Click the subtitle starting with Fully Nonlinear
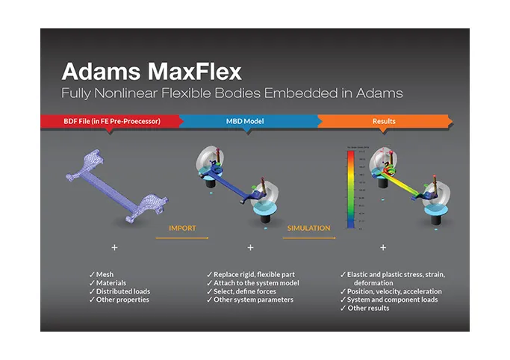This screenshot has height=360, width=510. click(x=232, y=93)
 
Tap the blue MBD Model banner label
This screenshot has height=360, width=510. click(x=246, y=120)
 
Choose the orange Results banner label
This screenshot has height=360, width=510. click(x=384, y=120)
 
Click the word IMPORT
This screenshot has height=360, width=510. click(x=182, y=228)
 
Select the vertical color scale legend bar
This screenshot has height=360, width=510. click(x=351, y=190)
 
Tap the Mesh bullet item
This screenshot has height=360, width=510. click(x=105, y=275)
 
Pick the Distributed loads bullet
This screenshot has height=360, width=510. click(x=123, y=291)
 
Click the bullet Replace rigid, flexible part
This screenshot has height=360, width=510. click(x=255, y=275)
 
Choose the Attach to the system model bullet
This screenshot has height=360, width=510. click(x=255, y=283)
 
